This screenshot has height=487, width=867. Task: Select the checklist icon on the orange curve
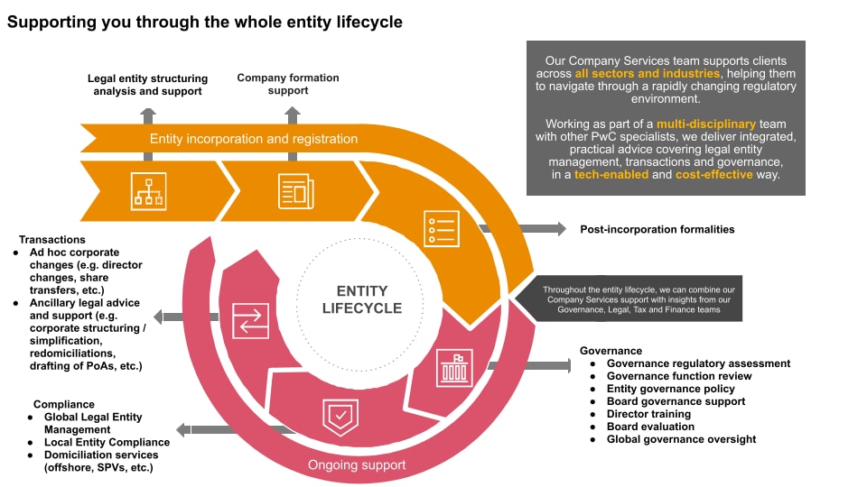click(442, 228)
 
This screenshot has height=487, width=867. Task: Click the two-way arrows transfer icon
click(250, 320)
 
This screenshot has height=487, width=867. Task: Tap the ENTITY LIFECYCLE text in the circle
click(361, 299)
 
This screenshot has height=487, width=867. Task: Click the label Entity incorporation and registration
click(254, 139)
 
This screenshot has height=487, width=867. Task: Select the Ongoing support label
click(357, 465)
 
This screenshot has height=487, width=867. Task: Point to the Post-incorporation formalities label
click(657, 229)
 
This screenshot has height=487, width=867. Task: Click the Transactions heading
click(52, 240)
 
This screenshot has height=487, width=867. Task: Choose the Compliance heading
click(64, 405)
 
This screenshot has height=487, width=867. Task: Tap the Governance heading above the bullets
click(611, 351)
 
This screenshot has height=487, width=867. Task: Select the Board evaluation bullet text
click(650, 427)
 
